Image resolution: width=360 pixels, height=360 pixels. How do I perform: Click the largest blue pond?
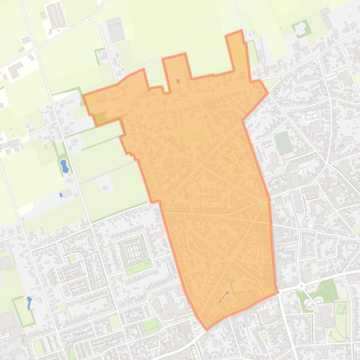[x=64, y=166]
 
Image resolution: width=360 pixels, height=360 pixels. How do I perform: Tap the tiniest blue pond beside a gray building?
[x=61, y=194]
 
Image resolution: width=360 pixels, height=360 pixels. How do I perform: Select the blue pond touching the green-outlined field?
[x=29, y=303]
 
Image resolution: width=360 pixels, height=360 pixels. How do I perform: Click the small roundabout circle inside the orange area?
[x=169, y=122]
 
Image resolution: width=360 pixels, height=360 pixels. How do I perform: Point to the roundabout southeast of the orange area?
[x=302, y=286]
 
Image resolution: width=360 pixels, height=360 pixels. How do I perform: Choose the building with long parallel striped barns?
[x=56, y=15]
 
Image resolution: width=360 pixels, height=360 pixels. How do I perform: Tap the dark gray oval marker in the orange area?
[x=178, y=81]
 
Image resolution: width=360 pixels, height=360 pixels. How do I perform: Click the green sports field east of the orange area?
[x=283, y=142]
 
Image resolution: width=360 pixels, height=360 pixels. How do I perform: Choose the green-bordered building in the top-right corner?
[x=301, y=28]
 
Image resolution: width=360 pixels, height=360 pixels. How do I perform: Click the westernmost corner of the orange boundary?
[x=83, y=95]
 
